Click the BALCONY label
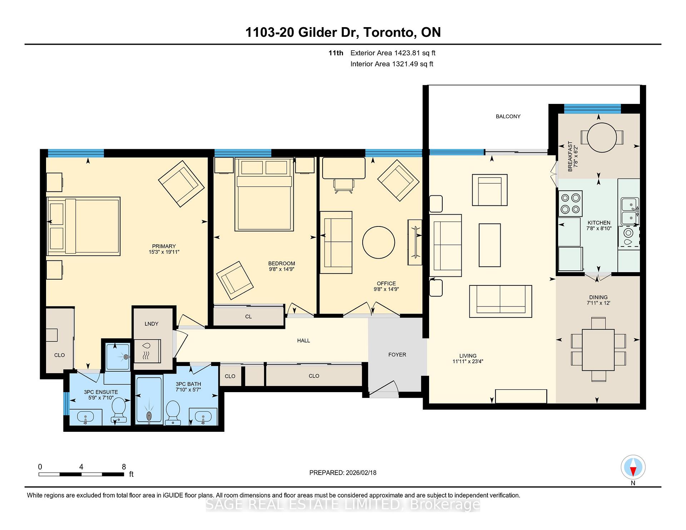[508, 116]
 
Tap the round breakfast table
[602, 137]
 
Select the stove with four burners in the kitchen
[570, 204]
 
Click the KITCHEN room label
[599, 222]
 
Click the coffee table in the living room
[489, 245]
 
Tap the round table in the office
[378, 242]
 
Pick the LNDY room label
[151, 324]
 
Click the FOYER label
[397, 355]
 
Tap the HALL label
[303, 341]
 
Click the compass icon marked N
[633, 467]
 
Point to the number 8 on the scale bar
[124, 467]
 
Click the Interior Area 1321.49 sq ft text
[392, 64]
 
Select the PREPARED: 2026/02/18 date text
[343, 472]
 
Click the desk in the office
[344, 168]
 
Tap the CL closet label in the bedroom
[248, 316]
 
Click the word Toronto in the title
[389, 32]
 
